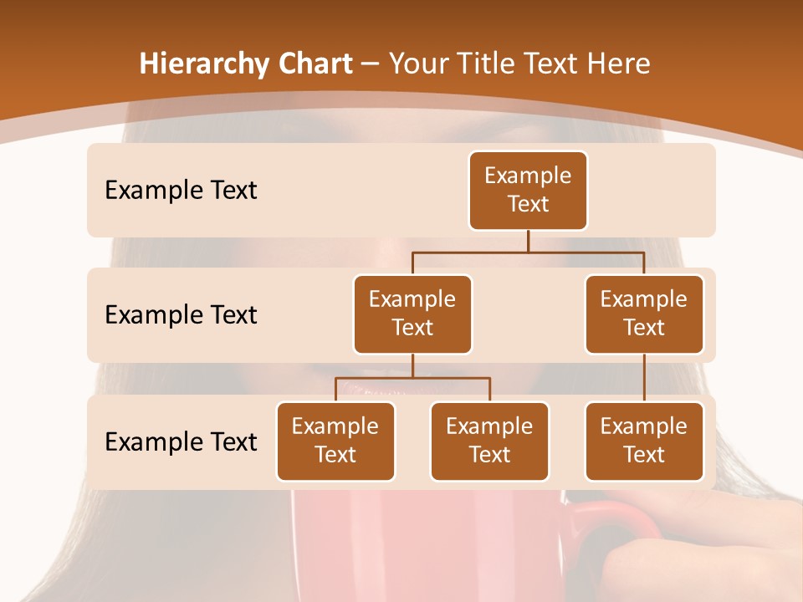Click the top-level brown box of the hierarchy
coord(528,190)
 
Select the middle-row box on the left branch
coord(412,314)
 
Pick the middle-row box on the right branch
coord(644,314)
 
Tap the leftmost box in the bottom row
coord(335,441)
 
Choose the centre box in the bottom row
coord(489,441)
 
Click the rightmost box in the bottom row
coord(644,441)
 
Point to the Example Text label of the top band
coord(181,191)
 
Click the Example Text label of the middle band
coord(181,315)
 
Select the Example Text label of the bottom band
coord(181,441)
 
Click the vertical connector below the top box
coord(528,241)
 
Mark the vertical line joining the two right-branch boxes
coord(644,377)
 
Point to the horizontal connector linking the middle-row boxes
coord(528,252)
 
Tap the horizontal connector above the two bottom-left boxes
coord(412,378)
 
